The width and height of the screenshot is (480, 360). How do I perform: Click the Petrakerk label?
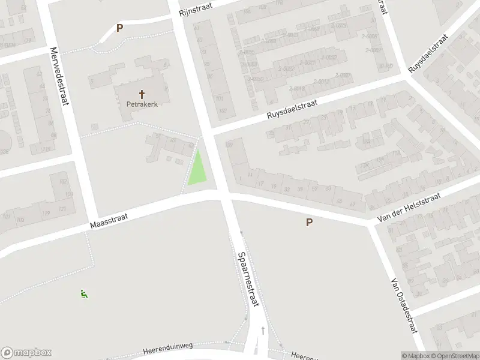[x=142, y=103]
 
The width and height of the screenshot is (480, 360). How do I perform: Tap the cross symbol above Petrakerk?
[x=142, y=94]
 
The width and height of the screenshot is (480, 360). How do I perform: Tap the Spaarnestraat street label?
[x=248, y=279]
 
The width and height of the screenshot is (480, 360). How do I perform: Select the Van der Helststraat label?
[x=409, y=208]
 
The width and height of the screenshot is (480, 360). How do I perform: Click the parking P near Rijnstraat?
[x=119, y=28]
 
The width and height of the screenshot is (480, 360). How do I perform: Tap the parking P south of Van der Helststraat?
[x=310, y=223]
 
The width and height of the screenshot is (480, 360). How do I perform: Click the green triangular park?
[x=197, y=169]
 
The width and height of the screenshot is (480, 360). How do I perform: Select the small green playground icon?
[x=84, y=294]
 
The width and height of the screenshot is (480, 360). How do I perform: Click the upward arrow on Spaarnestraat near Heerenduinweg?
[x=262, y=330]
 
